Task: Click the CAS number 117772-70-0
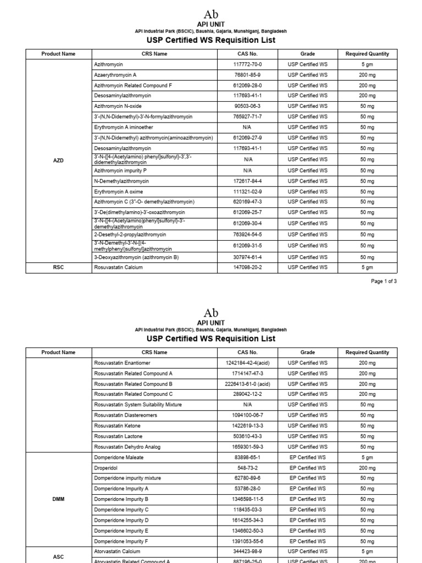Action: tap(247, 64)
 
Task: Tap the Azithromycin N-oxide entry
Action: tap(118, 106)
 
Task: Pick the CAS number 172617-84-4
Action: tap(247, 181)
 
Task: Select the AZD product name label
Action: tap(58, 161)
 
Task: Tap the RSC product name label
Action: tap(58, 267)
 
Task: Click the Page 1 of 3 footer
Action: tap(384, 281)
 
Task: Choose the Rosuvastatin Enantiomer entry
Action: tap(122, 363)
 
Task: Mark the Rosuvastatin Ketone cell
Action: tap(117, 426)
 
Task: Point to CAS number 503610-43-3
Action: tap(247, 436)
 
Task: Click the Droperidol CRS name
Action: tap(105, 468)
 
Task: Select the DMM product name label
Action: tap(58, 499)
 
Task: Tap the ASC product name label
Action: tap(58, 556)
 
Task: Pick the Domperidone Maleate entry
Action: tap(119, 457)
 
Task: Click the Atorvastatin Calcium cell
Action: tap(117, 551)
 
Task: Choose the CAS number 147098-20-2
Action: tap(247, 267)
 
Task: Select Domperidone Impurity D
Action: tap(121, 520)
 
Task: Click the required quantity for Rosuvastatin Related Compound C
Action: tap(367, 394)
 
